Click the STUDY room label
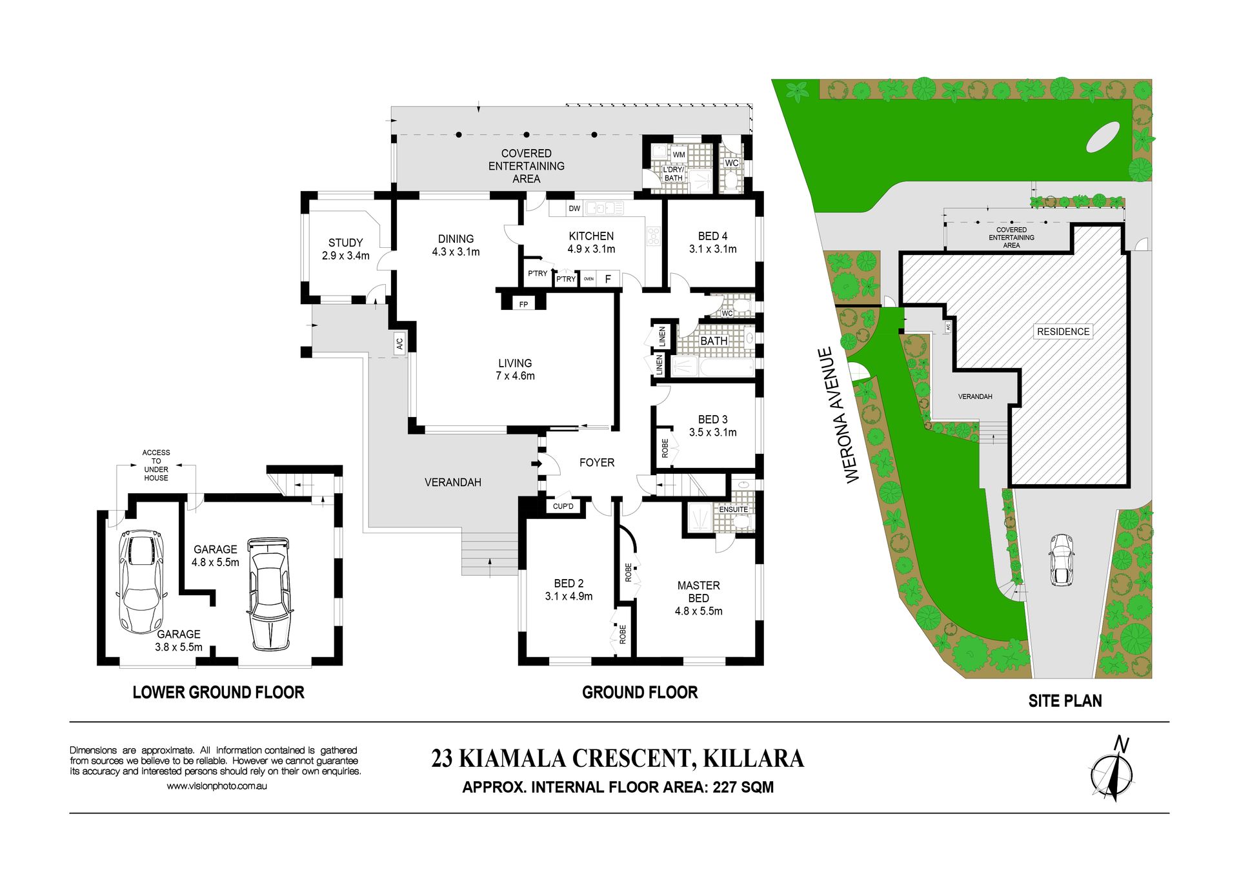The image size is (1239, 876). [346, 243]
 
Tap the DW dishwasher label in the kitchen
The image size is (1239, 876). [574, 209]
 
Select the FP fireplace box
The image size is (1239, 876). [523, 304]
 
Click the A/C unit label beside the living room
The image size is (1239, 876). [399, 343]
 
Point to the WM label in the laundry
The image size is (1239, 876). [679, 155]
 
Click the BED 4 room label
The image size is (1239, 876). [712, 236]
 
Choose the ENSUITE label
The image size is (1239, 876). [734, 509]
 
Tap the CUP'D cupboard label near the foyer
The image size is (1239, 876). [563, 506]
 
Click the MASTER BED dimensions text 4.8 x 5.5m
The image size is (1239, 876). [699, 611]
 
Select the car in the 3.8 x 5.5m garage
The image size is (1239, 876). [141, 582]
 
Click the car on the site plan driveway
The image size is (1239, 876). [1062, 560]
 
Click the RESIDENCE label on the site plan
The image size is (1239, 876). [1063, 332]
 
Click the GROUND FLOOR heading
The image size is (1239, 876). [640, 693]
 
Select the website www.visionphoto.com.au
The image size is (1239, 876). [217, 786]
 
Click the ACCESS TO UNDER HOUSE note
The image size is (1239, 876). [156, 465]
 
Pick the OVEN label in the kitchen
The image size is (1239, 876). [589, 279]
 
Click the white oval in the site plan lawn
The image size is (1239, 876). [1103, 137]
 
